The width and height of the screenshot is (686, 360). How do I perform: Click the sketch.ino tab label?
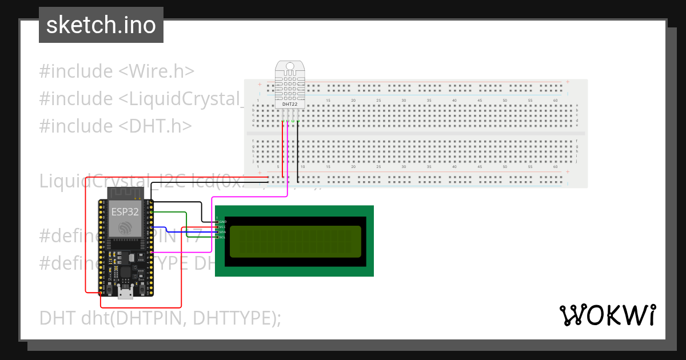click(x=101, y=25)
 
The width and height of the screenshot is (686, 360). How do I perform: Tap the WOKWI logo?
click(x=607, y=315)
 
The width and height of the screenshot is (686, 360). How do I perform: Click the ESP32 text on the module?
click(x=125, y=212)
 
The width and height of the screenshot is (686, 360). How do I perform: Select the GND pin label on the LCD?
click(x=222, y=221)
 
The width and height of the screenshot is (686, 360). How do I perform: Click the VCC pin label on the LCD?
click(x=222, y=227)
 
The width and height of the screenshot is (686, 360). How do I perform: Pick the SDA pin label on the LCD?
click(x=222, y=232)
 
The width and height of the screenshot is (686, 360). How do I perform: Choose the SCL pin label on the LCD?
click(x=222, y=237)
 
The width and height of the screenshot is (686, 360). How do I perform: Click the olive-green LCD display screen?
click(x=295, y=241)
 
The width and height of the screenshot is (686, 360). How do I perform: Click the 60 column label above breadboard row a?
click(x=555, y=101)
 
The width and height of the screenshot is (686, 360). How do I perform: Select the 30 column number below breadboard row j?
click(x=404, y=167)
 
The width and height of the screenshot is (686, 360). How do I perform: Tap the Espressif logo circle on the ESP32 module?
click(x=125, y=228)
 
